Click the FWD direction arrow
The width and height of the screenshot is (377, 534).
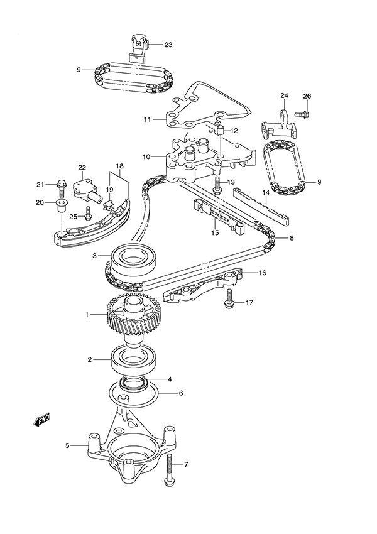(42, 421)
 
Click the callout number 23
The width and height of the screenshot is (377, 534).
(168, 45)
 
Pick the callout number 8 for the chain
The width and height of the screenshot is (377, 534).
(290, 239)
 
